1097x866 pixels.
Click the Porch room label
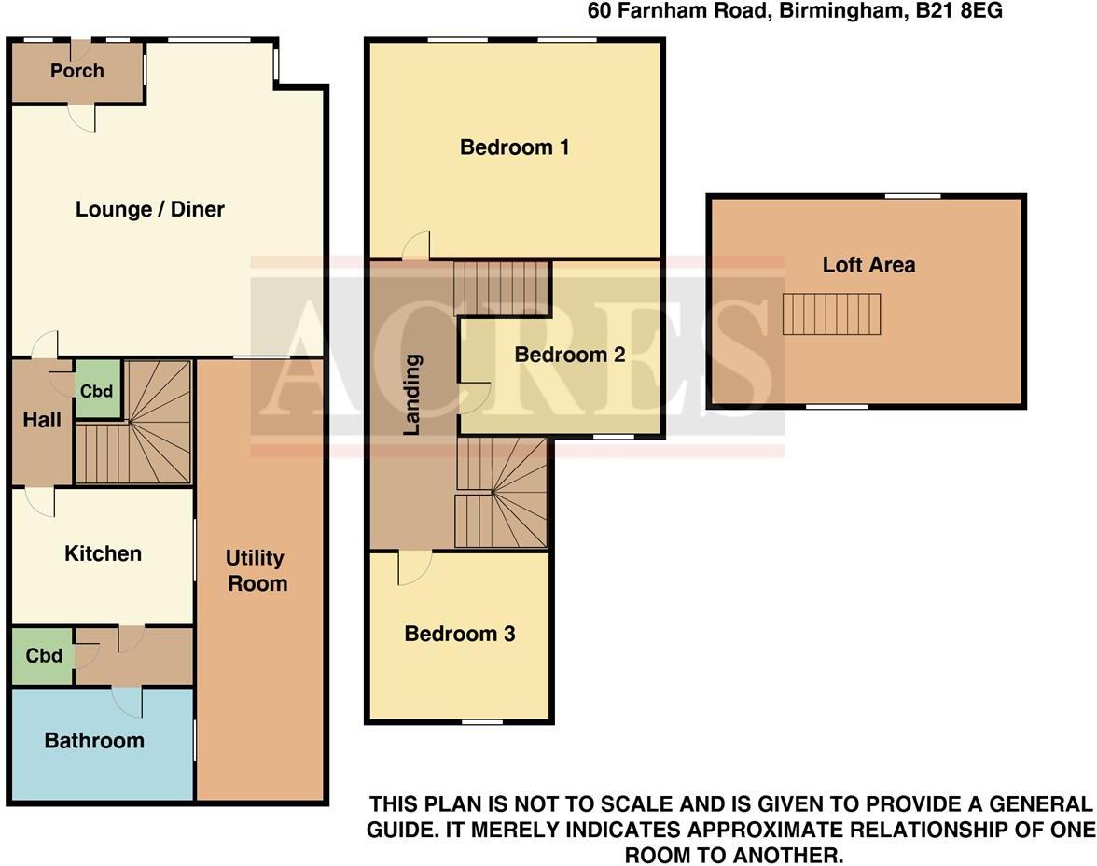click(x=77, y=71)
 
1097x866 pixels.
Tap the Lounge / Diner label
click(x=150, y=209)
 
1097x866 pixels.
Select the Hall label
click(x=42, y=420)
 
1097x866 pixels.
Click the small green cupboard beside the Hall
click(x=97, y=391)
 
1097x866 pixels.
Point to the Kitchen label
click(x=103, y=553)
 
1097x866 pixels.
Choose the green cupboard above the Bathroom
click(x=43, y=656)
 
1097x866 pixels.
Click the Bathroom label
click(x=94, y=741)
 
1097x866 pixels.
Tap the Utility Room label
click(x=256, y=570)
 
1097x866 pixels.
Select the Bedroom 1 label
click(x=514, y=147)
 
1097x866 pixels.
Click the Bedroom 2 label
click(x=569, y=355)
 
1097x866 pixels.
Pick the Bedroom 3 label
click(x=459, y=635)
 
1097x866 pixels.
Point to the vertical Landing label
click(x=411, y=396)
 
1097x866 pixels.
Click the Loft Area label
click(x=868, y=265)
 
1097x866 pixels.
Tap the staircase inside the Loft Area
click(x=831, y=314)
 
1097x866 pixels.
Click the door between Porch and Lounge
click(x=82, y=116)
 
